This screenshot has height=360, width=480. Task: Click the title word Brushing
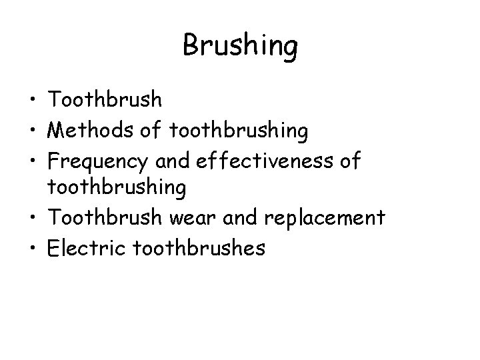[239, 47]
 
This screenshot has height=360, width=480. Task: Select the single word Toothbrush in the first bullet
[105, 100]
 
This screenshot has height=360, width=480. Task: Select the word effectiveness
[264, 160]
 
